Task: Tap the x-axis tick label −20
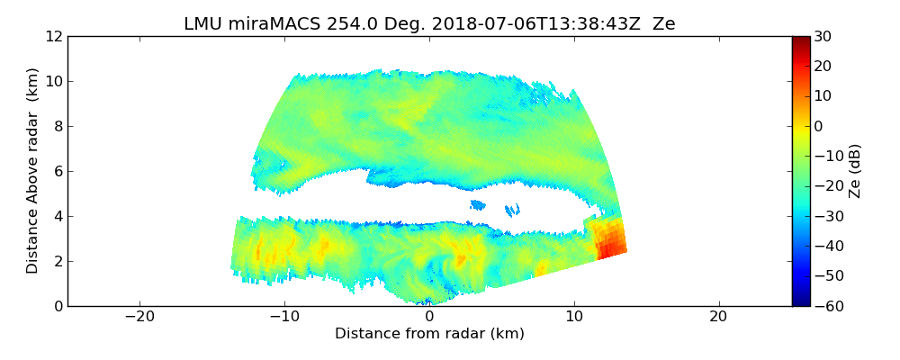coord(139,318)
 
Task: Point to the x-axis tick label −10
coord(283,318)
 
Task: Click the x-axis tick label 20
coord(718,318)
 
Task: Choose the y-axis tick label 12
coord(53,37)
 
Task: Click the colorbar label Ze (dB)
coord(855,171)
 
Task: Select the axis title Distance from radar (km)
coord(429,334)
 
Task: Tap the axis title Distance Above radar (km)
coord(33,171)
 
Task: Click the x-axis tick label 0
coord(429,318)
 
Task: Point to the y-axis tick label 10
coord(53,82)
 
